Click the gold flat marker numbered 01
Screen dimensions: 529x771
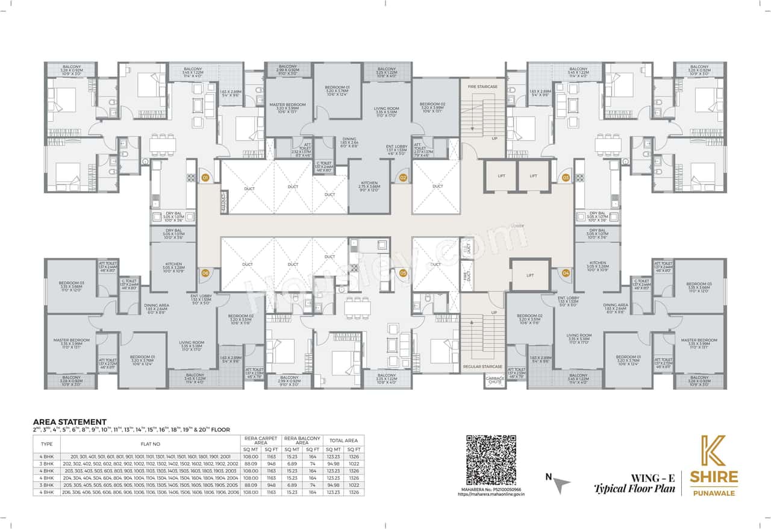pos(205,178)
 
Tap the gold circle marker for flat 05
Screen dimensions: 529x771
pos(403,273)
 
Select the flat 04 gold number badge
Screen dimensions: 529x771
pos(566,273)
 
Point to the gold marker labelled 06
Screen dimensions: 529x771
pos(205,273)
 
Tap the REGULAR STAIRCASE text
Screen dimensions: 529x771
pos(482,366)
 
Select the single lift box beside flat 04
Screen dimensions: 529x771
pos(529,275)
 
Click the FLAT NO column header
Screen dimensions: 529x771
pos(150,443)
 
